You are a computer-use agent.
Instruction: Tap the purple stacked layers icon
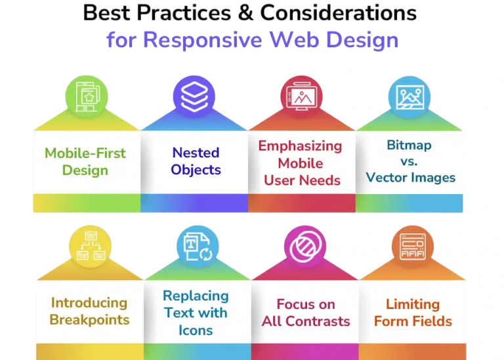(194, 98)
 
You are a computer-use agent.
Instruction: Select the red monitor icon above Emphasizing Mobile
(302, 98)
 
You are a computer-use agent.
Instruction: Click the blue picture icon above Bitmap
(409, 98)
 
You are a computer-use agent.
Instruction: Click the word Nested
(196, 153)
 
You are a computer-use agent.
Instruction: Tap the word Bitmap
(409, 144)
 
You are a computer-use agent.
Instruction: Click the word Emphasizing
(300, 146)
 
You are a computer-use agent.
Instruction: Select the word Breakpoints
(90, 321)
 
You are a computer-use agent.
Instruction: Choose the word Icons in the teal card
(196, 330)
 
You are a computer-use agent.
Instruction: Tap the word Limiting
(413, 304)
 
